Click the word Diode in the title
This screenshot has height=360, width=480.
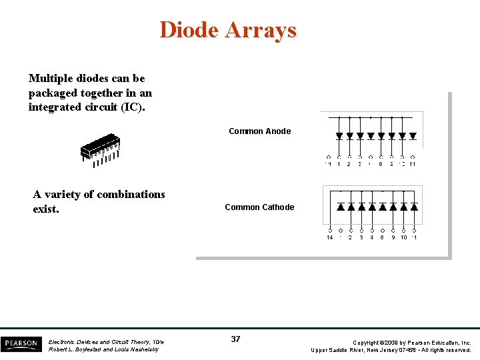tap(189, 30)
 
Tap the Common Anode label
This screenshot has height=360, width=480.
tap(259, 131)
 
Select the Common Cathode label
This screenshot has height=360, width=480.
tap(259, 207)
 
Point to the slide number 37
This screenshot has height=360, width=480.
tap(235, 339)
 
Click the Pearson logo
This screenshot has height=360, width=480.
tap(21, 344)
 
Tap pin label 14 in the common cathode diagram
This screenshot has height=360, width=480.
tap(329, 237)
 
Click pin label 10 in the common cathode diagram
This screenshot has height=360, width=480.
tap(404, 237)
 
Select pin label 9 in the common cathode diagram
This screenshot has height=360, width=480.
tap(393, 237)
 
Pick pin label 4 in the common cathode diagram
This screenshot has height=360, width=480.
tap(372, 237)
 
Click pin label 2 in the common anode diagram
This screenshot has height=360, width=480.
tap(349, 164)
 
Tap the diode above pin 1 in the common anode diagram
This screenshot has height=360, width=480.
tap(339, 136)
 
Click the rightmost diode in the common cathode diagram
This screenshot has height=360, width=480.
tap(415, 207)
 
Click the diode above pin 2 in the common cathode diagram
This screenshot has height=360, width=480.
tap(351, 207)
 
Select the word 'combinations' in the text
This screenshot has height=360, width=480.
tap(131, 195)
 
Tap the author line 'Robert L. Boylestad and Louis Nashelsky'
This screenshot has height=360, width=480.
tap(103, 349)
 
